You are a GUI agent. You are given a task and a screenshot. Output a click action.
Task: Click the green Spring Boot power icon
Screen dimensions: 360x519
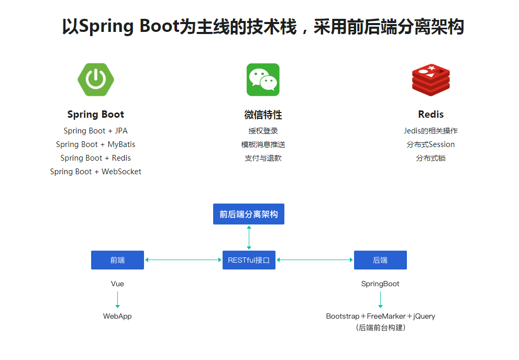tap(96, 80)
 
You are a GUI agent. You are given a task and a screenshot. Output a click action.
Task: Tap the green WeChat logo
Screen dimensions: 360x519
tap(263, 80)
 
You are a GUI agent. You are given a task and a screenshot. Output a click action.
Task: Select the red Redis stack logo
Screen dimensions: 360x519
tap(430, 80)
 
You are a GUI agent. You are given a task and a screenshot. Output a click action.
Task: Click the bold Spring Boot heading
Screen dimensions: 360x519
tap(96, 115)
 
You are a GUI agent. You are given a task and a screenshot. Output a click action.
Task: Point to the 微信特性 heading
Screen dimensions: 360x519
tap(263, 115)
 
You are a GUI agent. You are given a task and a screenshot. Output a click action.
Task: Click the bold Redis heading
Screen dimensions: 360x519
tap(430, 115)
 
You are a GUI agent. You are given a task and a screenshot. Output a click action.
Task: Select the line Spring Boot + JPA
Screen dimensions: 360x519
tap(96, 131)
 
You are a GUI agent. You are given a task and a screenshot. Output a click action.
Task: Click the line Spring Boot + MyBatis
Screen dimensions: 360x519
tap(96, 144)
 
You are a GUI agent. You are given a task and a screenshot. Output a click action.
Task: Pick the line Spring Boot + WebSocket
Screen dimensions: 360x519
tap(96, 172)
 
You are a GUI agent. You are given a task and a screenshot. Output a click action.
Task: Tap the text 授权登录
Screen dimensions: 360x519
tap(263, 131)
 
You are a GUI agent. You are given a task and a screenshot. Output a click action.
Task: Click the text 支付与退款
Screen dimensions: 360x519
tap(263, 158)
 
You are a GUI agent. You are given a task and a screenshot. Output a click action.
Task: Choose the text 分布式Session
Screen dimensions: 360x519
tap(430, 144)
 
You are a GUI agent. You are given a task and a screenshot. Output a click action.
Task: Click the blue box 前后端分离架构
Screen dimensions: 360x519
tap(249, 214)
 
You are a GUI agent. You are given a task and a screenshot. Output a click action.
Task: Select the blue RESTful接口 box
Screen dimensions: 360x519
tap(249, 260)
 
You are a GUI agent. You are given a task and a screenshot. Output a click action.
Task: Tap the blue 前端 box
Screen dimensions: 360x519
tap(117, 260)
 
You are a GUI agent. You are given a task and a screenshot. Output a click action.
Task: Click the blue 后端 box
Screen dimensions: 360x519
tap(380, 260)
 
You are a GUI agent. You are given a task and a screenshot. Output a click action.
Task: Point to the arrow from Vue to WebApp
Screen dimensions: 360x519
tap(117, 300)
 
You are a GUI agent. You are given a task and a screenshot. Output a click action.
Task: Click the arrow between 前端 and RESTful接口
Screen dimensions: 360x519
tap(183, 260)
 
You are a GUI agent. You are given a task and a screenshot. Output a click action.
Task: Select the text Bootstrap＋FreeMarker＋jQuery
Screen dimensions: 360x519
tap(380, 316)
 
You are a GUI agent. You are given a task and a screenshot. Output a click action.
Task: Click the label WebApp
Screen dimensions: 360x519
tap(117, 316)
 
